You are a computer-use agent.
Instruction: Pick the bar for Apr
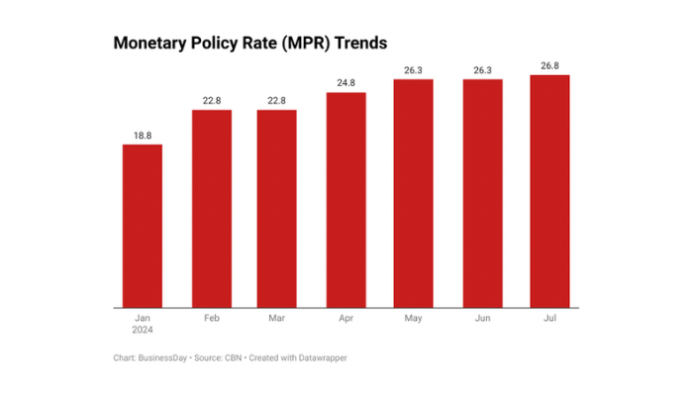[x=346, y=200]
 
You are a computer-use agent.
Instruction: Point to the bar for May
[x=413, y=193]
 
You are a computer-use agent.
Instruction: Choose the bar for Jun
[x=482, y=193]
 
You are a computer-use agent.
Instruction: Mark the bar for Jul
[x=549, y=191]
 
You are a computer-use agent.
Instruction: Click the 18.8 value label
[x=143, y=135]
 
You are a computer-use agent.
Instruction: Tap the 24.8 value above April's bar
[x=346, y=83]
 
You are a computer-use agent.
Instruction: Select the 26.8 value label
[x=549, y=65]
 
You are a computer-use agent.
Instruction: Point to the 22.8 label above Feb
[x=211, y=100]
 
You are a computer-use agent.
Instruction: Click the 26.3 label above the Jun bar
[x=482, y=69]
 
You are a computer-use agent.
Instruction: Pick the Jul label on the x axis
[x=549, y=320]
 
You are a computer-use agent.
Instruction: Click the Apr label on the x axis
[x=346, y=320]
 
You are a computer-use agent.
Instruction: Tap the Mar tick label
[x=276, y=320]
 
